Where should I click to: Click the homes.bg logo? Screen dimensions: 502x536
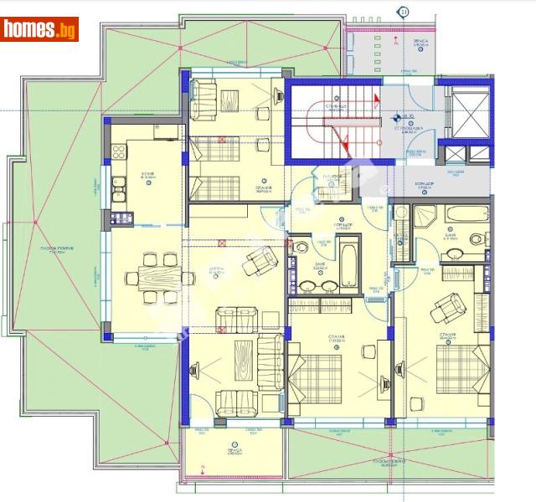[39, 29]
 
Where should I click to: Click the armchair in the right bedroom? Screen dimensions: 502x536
[446, 312]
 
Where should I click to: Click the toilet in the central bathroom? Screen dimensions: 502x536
[301, 248]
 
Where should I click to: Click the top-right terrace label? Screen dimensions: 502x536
[420, 42]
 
